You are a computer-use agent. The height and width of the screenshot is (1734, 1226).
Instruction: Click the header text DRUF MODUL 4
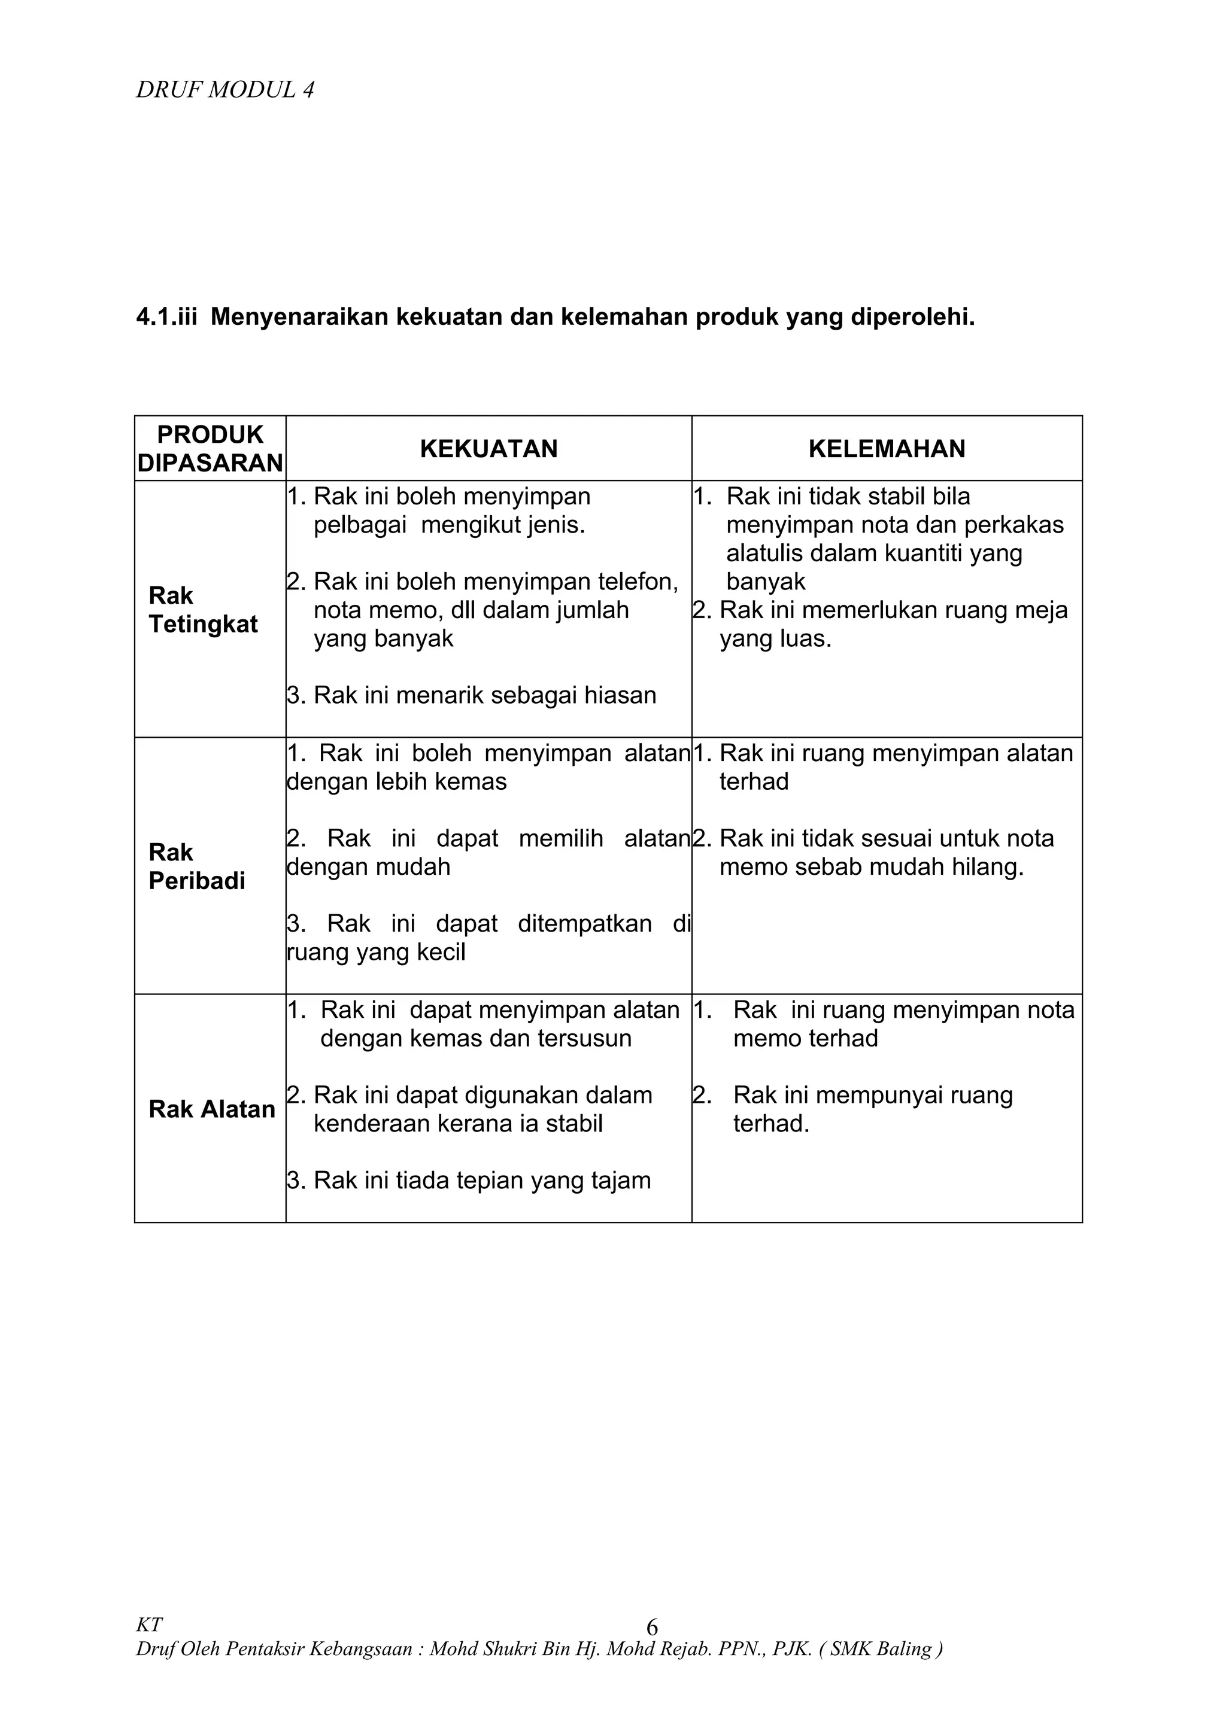[x=225, y=90]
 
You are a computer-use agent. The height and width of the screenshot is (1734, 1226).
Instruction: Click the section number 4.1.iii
[x=166, y=317]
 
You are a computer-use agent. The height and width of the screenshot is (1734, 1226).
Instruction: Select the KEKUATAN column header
[x=488, y=449]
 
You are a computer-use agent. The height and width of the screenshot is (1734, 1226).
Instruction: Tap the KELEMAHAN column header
[x=887, y=449]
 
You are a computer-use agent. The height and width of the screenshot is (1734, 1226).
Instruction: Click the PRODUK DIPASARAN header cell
[x=210, y=449]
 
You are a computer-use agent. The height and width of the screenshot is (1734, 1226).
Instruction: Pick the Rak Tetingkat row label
[x=202, y=610]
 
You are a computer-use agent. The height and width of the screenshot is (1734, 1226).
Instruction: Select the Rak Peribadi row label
[x=196, y=867]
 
